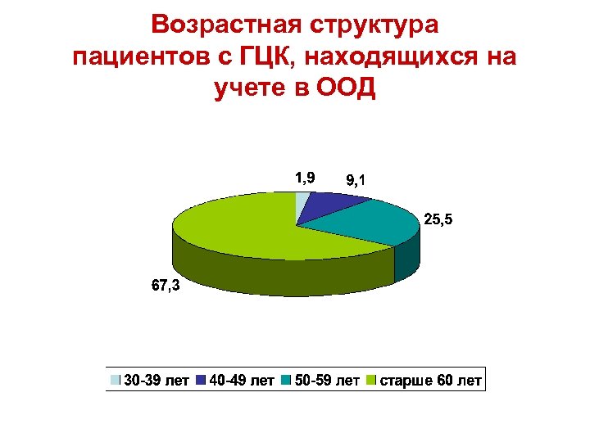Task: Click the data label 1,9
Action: click(305, 177)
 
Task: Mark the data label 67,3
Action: click(168, 286)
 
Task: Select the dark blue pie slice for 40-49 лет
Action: click(328, 205)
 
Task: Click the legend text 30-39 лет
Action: click(157, 381)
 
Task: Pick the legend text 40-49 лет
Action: click(241, 381)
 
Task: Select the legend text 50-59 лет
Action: click(327, 381)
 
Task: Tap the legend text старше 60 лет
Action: click(429, 381)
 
